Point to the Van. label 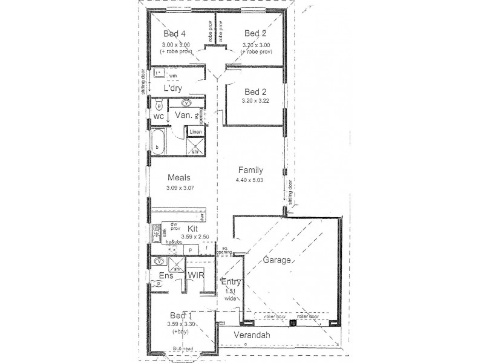click(x=183, y=114)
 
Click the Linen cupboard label click(x=195, y=132)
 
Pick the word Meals click(x=179, y=178)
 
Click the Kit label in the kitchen click(x=193, y=229)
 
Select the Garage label click(x=278, y=261)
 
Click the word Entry click(x=232, y=282)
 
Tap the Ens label click(x=166, y=276)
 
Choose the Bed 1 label click(x=181, y=316)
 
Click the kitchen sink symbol click(x=157, y=231)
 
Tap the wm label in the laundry click(x=172, y=76)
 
